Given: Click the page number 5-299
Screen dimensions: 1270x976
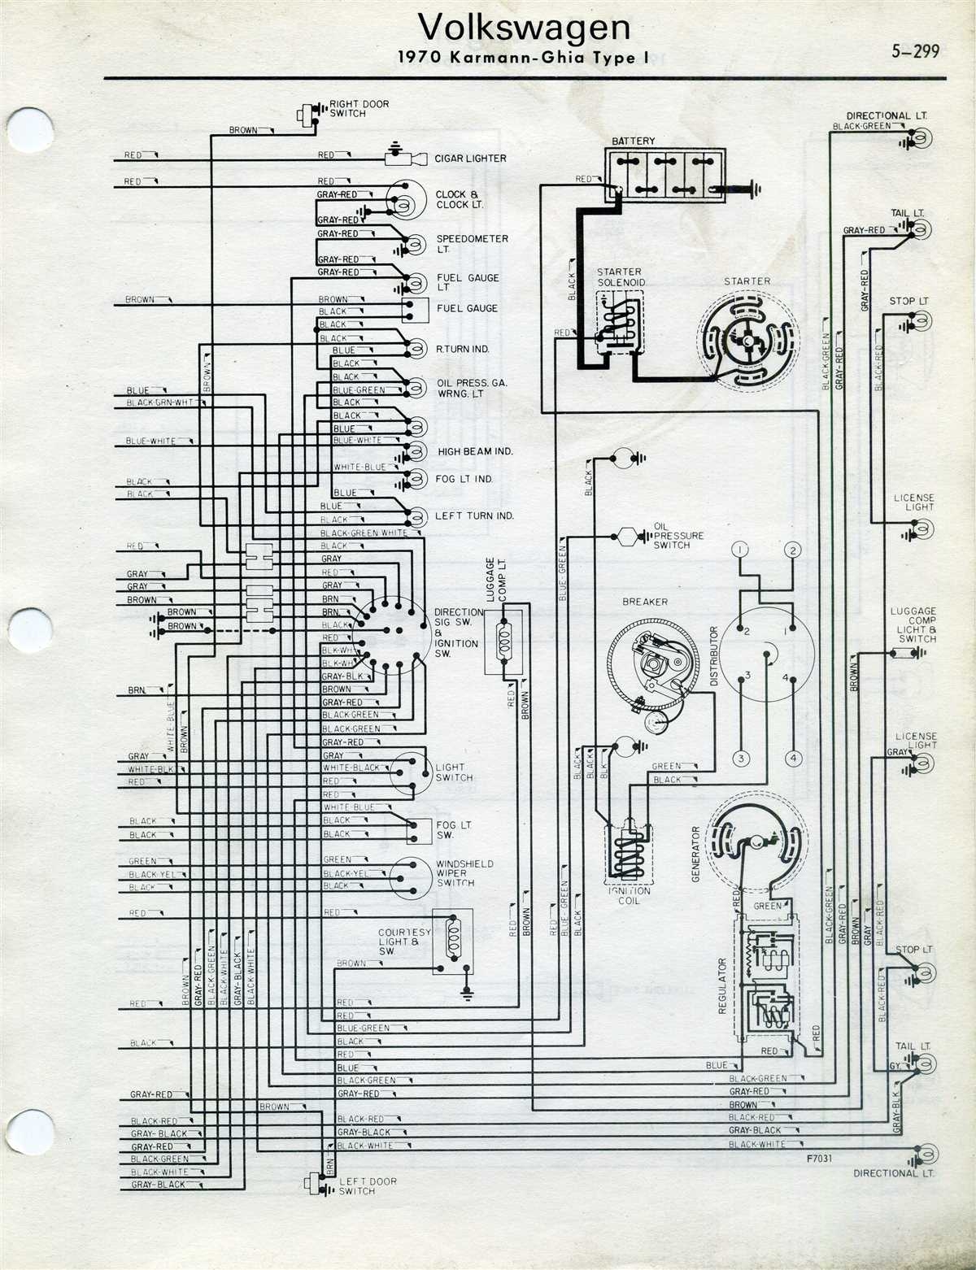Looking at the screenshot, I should [x=915, y=51].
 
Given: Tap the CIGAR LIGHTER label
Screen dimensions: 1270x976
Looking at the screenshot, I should [x=470, y=159].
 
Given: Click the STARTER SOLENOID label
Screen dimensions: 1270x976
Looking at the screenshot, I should [x=621, y=277].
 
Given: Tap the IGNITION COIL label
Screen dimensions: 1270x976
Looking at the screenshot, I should [x=629, y=896].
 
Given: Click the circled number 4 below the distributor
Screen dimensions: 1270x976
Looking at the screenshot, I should [x=793, y=759].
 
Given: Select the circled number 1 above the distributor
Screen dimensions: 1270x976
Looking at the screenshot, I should [x=739, y=550].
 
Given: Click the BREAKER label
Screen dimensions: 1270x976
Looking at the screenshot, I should [x=645, y=602].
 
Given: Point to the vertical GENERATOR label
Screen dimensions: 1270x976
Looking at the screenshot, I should [x=696, y=854].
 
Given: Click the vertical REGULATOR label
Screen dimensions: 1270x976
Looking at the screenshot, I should [x=721, y=985].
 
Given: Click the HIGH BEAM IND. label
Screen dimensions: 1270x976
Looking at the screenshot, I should [x=475, y=451].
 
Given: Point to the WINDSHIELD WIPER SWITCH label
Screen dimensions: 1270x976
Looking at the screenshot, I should [x=465, y=873].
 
